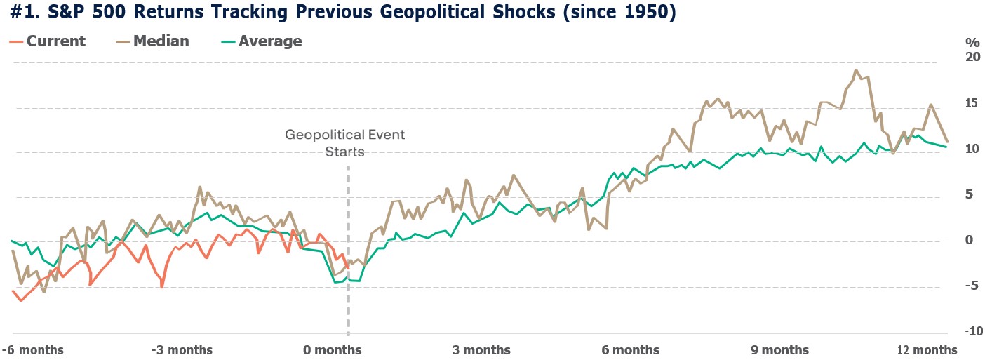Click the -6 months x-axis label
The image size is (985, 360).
tap(32, 349)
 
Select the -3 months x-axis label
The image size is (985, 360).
tap(181, 349)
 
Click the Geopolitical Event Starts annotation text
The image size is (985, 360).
tap(344, 142)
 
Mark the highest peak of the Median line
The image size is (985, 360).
tap(856, 70)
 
